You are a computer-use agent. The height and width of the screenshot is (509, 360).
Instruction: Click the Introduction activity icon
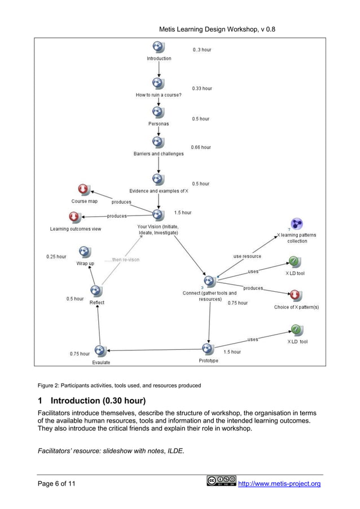159,47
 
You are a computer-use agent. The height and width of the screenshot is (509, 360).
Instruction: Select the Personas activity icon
159,112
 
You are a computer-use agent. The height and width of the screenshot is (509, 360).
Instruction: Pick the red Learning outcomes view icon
74,217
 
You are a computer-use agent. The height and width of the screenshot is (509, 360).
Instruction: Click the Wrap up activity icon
85,252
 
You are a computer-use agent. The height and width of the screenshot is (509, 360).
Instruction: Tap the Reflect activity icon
96,291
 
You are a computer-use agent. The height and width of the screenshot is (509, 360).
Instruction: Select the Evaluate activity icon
100,351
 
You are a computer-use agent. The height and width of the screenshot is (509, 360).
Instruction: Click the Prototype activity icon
208,349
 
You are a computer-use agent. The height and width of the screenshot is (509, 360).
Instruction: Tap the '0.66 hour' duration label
201,147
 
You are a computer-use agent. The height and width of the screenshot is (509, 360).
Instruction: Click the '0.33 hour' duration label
201,89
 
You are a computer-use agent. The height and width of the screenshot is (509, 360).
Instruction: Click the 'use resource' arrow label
247,257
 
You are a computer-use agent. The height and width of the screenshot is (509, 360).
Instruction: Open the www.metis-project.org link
281,484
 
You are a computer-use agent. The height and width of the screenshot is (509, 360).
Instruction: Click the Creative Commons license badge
221,481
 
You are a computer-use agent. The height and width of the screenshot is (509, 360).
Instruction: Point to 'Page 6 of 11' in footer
58,484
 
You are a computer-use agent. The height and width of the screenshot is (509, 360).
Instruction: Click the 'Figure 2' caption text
118,385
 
